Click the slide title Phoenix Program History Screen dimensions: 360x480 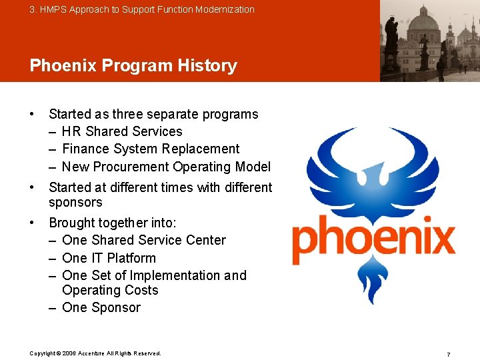pyautogui.click(x=133, y=65)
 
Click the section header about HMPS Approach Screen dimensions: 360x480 pyautogui.click(x=142, y=9)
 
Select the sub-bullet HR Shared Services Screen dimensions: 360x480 pyautogui.click(x=121, y=131)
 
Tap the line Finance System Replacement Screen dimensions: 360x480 pyautogui.click(x=150, y=149)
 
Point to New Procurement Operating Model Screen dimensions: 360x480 pyautogui.click(x=166, y=167)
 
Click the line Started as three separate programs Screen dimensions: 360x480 pyautogui.click(x=153, y=114)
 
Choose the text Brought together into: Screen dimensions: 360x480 pyautogui.click(x=113, y=223)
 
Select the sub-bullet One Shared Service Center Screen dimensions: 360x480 pyautogui.click(x=143, y=240)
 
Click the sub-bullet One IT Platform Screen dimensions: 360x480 pyautogui.click(x=109, y=258)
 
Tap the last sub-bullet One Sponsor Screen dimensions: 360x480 pyautogui.click(x=101, y=307)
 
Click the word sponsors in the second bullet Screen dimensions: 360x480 pyautogui.click(x=75, y=202)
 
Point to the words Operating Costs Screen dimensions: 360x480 pyautogui.click(x=110, y=290)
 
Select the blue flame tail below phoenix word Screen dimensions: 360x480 pyautogui.click(x=374, y=281)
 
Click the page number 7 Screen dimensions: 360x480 pyautogui.click(x=449, y=355)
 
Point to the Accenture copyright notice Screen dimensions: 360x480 pyautogui.click(x=95, y=353)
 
